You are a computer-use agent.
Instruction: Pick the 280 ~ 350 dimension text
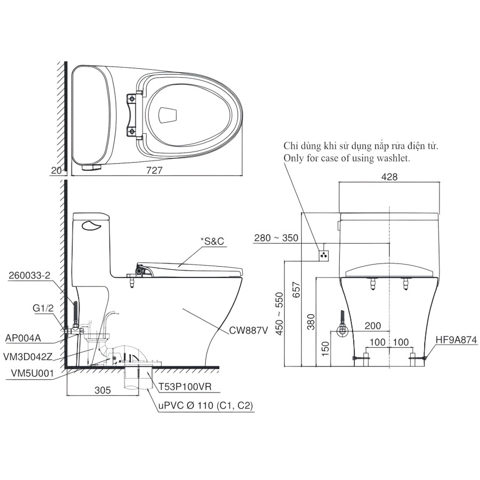(x=276, y=238)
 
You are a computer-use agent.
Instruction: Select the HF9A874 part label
(x=456, y=339)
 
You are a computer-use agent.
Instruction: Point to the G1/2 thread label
(x=42, y=308)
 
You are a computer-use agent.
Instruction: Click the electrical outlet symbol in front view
(x=322, y=255)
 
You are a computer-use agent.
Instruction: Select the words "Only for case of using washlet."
(x=347, y=158)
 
